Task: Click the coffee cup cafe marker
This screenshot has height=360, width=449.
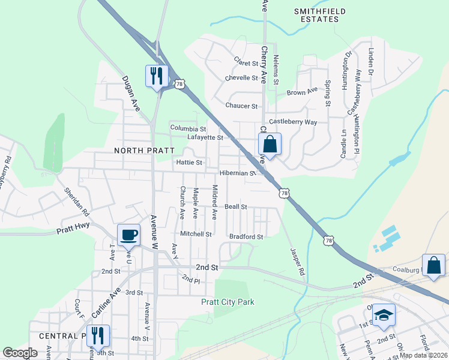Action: pos(128,235)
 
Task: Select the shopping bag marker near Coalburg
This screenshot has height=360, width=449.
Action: pos(433,266)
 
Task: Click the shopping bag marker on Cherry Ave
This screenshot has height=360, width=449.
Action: pos(270,144)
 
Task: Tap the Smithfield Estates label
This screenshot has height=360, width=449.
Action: pos(316,15)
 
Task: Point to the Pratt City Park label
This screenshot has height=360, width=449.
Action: pos(228,302)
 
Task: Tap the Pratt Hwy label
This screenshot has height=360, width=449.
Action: pos(73,229)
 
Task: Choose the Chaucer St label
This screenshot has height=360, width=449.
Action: pos(241,106)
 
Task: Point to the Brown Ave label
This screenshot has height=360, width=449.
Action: pos(301,92)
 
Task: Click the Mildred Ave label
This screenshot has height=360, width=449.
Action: pos(214,202)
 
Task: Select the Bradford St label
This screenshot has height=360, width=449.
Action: pos(246,236)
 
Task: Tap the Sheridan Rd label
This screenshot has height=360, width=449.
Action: pos(77,203)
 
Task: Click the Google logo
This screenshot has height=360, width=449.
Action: pos(20,353)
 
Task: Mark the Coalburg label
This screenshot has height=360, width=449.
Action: pos(406,270)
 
